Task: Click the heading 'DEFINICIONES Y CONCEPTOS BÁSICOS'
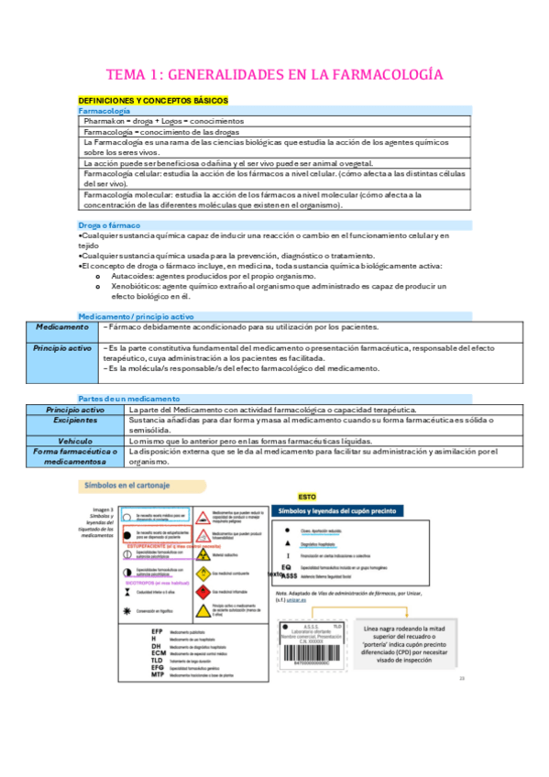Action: coord(153,99)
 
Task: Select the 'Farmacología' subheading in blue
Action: coord(104,110)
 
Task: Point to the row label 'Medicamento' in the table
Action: coord(61,327)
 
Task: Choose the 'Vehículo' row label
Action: coord(75,441)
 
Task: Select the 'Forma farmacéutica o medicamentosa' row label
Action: coord(75,456)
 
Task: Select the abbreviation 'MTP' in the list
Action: coord(157,649)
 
